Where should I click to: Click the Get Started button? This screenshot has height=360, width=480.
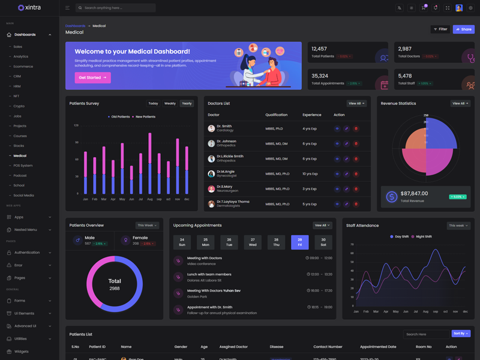(92, 77)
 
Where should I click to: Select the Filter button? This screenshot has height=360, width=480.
(440, 29)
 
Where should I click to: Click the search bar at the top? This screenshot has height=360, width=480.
(116, 8)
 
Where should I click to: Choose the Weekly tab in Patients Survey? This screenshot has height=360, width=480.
(170, 103)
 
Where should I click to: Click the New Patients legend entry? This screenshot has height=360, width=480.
(144, 116)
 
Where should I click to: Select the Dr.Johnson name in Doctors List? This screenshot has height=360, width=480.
(226, 142)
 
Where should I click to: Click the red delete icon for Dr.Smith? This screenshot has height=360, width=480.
(356, 128)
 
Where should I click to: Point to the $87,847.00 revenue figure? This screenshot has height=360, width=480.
(414, 193)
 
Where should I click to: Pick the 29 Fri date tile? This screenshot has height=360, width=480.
(299, 242)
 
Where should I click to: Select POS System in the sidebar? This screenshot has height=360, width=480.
(23, 166)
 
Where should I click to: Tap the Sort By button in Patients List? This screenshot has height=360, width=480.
(460, 334)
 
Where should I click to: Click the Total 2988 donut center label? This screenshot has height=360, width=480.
(115, 284)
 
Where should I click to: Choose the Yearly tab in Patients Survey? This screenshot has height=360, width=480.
(187, 103)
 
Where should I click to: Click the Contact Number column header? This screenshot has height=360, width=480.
(328, 347)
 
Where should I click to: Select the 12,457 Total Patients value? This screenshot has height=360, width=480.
(319, 49)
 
